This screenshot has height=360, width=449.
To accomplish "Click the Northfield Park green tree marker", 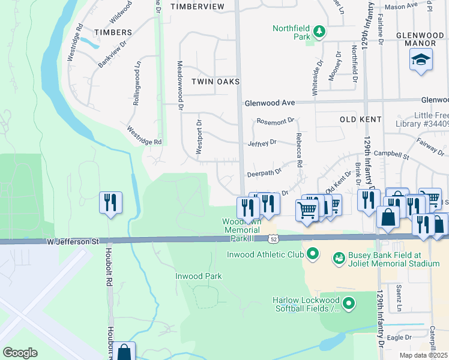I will (x=320, y=31).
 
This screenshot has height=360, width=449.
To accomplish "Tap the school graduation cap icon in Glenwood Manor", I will (x=421, y=59).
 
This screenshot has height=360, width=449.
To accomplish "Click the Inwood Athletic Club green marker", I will (x=312, y=254).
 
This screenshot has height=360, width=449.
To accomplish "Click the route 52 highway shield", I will (x=273, y=239).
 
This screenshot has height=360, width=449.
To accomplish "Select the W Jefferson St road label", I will (x=73, y=241).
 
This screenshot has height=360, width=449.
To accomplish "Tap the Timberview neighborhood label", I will (x=197, y=6).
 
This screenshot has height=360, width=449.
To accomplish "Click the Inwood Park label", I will (x=198, y=277).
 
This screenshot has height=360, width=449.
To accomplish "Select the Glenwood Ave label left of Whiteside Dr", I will (x=270, y=103).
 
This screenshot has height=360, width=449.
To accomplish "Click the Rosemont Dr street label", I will (x=274, y=121).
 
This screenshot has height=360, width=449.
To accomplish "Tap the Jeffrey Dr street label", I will (x=262, y=143).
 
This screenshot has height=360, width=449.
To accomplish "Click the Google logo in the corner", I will (x=20, y=352).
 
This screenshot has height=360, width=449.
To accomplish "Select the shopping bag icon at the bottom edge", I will (x=125, y=352).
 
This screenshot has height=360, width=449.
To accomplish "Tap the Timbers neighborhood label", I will (x=112, y=32).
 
